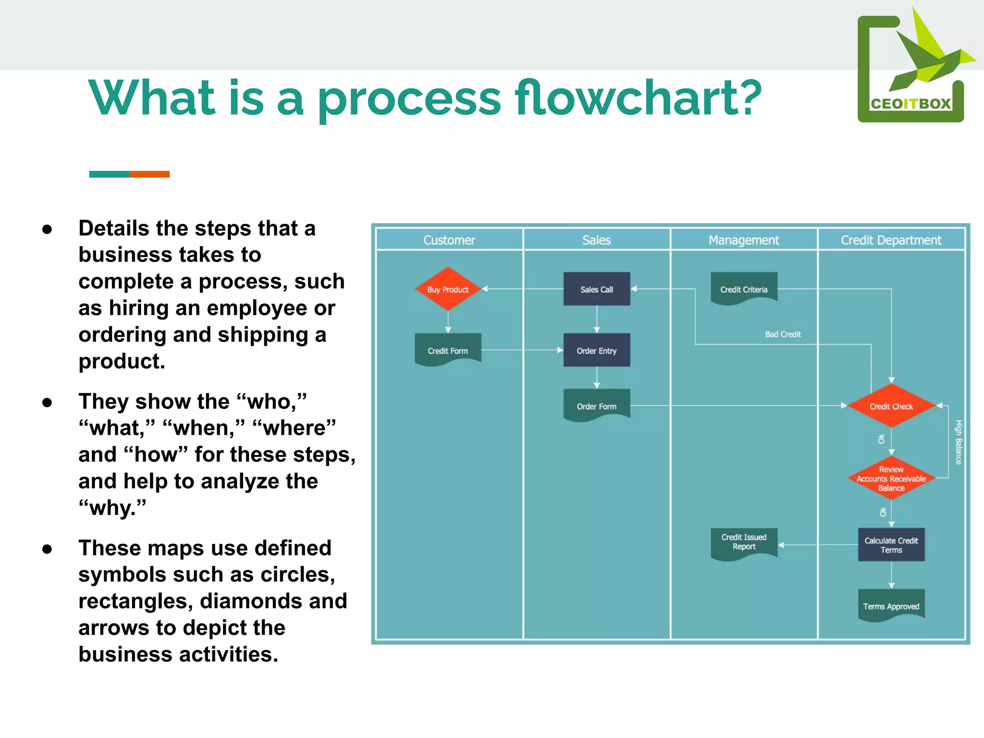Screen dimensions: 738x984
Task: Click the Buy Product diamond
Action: pyautogui.click(x=448, y=289)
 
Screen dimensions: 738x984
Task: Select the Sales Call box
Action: pyautogui.click(x=596, y=289)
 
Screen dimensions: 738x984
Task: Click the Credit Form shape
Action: pyautogui.click(x=448, y=350)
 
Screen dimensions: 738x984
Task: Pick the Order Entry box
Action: pyautogui.click(x=596, y=350)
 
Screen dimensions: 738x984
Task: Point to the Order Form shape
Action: pyautogui.click(x=596, y=406)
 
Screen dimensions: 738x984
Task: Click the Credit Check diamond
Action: pyautogui.click(x=891, y=406)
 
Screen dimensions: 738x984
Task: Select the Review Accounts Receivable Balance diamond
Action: pyautogui.click(x=891, y=478)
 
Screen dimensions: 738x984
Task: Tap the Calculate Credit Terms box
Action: pyautogui.click(x=891, y=545)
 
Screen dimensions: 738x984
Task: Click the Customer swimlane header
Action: pyautogui.click(x=449, y=240)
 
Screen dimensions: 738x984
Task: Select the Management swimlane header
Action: pyautogui.click(x=743, y=240)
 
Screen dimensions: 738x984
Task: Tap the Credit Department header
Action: pyautogui.click(x=891, y=240)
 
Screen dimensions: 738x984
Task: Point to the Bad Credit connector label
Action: pyautogui.click(x=783, y=334)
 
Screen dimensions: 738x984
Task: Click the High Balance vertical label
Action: pyautogui.click(x=958, y=442)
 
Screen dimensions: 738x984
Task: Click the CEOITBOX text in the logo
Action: pyautogui.click(x=910, y=104)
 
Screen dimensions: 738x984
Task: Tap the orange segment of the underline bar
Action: pyautogui.click(x=149, y=174)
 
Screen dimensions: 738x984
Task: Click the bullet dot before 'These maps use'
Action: pyautogui.click(x=47, y=549)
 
